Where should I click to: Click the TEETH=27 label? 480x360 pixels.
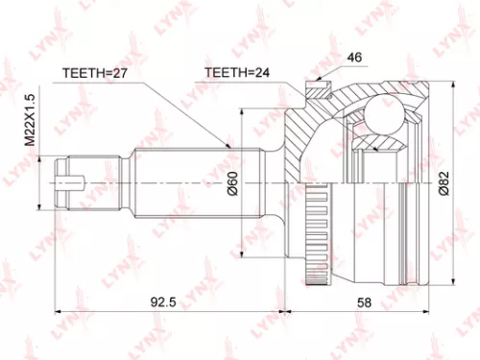click(x=93, y=72)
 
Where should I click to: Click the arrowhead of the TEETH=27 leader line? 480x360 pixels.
click(x=231, y=146)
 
